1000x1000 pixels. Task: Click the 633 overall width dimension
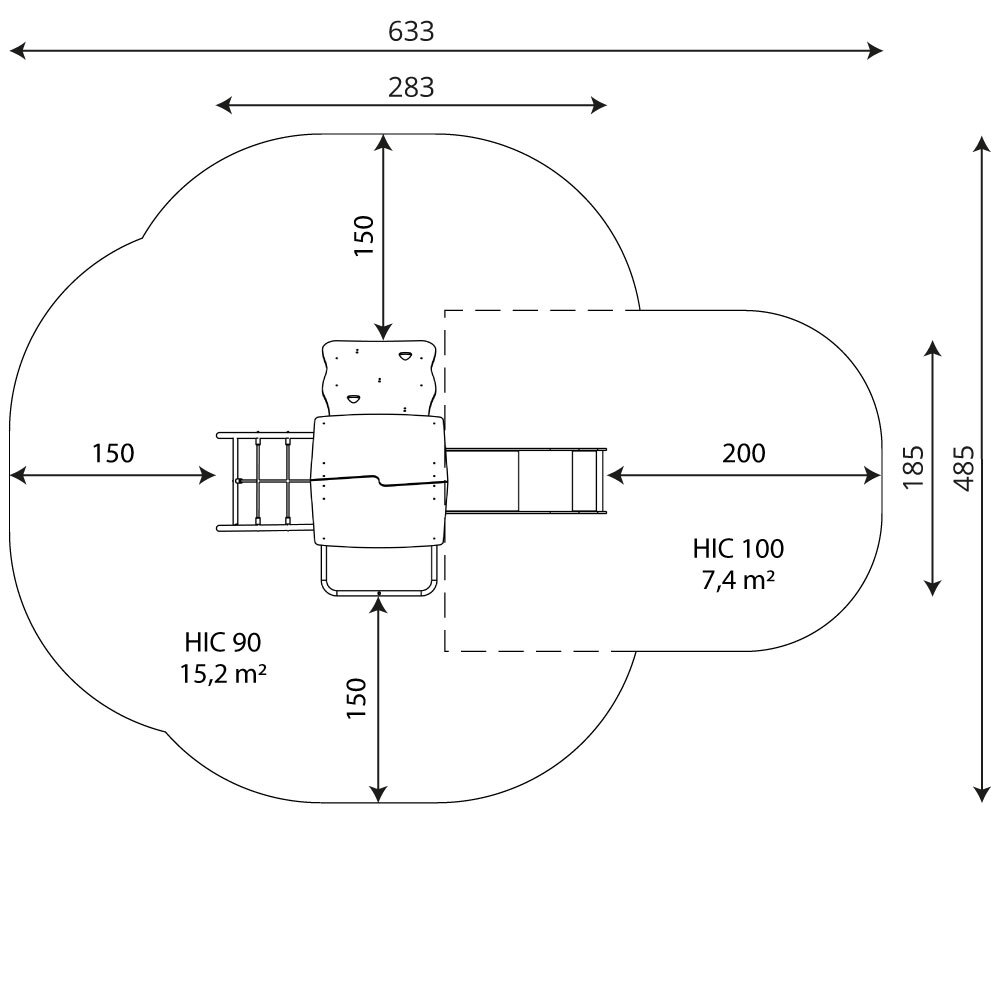point(411,31)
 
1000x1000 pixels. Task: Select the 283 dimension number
point(411,87)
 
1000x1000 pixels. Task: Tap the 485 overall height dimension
point(964,468)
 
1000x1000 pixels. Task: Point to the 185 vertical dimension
point(913,467)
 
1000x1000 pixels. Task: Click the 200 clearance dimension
point(744,453)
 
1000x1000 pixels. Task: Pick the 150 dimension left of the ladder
point(113,453)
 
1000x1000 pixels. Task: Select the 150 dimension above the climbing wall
point(364,236)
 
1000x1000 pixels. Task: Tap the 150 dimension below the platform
point(356,698)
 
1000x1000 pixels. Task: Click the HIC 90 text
point(223,642)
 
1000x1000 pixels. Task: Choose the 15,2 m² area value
point(223,673)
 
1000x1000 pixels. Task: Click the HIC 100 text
point(739,548)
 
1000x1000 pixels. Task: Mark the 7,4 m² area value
point(739,580)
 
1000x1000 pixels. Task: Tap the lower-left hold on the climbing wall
point(353,399)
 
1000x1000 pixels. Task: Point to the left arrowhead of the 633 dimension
point(17,50)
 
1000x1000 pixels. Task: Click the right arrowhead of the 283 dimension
point(599,105)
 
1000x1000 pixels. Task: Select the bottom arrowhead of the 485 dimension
point(982,794)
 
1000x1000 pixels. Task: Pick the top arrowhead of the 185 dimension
point(932,349)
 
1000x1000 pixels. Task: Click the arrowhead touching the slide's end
point(615,475)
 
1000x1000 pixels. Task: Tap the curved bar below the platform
point(379,592)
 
